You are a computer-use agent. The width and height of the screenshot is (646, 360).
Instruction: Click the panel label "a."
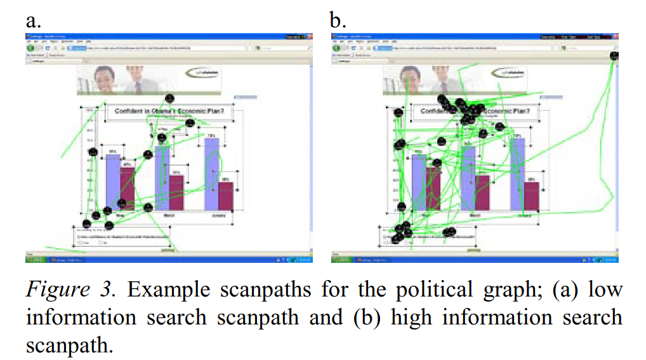tap(34, 21)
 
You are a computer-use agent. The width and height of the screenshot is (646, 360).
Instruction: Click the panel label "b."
tap(338, 21)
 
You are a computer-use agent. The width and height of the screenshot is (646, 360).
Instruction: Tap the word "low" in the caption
tap(606, 290)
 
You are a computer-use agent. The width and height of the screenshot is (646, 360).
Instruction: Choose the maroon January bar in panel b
tap(532, 196)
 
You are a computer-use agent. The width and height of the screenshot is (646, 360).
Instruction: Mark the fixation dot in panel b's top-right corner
tap(614, 56)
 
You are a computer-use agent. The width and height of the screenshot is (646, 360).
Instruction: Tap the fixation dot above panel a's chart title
tap(169, 98)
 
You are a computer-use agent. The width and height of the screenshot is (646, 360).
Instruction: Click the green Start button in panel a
tap(29, 259)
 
